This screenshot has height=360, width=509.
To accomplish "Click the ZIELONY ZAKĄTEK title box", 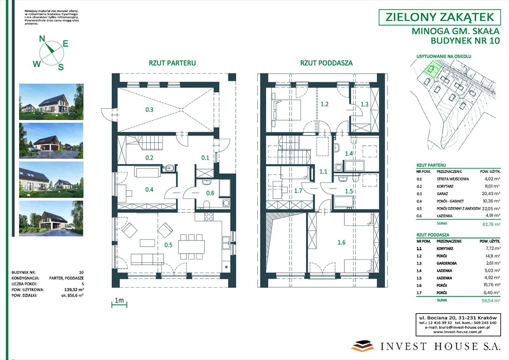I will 439,17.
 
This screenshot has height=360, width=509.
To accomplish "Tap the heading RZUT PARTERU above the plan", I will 172,63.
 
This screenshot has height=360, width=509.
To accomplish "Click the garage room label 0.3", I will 149,110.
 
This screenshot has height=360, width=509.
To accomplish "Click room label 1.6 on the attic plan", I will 341,242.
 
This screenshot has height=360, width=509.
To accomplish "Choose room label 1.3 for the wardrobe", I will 364,104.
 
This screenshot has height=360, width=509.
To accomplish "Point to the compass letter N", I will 42,39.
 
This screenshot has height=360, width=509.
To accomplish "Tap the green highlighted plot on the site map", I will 431,70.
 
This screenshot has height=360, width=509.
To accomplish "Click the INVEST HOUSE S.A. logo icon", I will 363,346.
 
